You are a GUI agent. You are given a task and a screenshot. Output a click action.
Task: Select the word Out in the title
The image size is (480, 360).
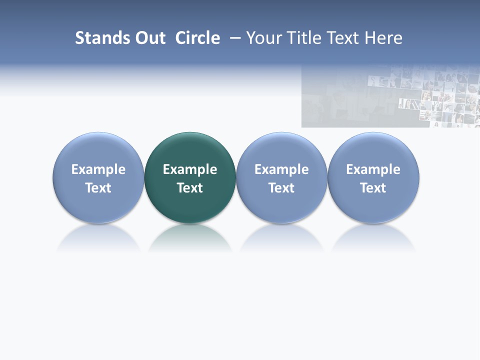149,38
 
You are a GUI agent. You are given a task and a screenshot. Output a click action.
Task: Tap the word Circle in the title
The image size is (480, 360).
197,38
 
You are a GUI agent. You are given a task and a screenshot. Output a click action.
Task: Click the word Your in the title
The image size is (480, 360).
263,38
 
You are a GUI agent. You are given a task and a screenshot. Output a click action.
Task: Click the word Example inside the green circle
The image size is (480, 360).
190,169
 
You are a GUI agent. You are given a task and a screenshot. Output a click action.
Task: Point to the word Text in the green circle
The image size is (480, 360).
190,188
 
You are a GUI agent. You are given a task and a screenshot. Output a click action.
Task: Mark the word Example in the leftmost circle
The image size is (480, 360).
98,169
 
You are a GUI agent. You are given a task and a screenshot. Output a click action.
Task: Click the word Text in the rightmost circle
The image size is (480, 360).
373,188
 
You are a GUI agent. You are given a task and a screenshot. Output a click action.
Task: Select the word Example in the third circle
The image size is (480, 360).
281,169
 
